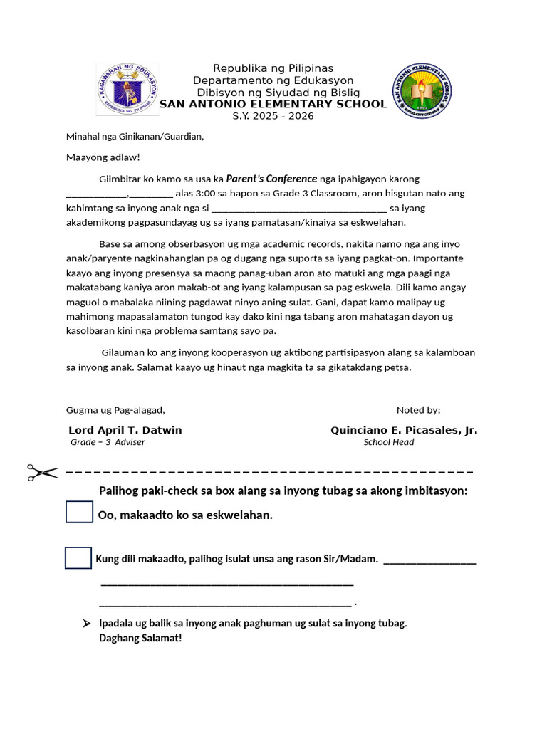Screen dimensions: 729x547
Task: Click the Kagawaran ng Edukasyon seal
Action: [127, 90]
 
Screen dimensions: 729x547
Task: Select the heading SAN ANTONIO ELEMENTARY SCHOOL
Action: [273, 104]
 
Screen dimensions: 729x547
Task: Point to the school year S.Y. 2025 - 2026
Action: [273, 116]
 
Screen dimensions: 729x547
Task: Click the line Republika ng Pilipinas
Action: [274, 68]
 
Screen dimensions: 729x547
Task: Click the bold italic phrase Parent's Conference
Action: [271, 179]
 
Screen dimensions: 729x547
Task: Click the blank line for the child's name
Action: [299, 209]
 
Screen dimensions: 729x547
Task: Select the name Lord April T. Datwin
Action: [125, 430]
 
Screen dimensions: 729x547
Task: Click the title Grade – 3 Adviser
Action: [108, 442]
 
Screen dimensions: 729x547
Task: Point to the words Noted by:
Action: [418, 410]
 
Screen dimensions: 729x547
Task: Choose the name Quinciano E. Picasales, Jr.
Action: [404, 430]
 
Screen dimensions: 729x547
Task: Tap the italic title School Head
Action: [388, 442]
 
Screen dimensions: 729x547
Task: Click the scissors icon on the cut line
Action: [43, 472]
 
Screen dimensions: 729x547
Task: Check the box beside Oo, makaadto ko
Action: [80, 512]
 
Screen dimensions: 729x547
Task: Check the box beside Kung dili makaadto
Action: [78, 558]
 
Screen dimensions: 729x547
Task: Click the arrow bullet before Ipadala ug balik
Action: [87, 624]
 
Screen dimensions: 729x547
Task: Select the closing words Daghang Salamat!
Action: [140, 638]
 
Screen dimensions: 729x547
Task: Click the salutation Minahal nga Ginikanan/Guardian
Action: [135, 136]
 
